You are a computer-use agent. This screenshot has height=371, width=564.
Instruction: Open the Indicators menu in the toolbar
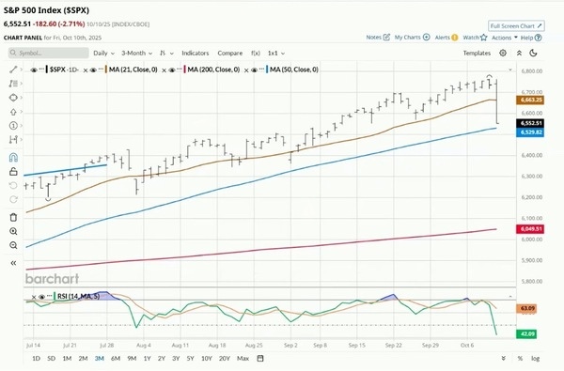[196, 54]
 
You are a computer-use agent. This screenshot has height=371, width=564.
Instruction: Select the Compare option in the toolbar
[229, 54]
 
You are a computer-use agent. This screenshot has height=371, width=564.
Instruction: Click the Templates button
[477, 54]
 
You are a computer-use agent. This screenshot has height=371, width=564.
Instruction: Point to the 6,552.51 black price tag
[532, 123]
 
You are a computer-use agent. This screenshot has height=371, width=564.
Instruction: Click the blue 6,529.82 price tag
[532, 132]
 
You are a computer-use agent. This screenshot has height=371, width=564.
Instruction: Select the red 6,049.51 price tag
[532, 229]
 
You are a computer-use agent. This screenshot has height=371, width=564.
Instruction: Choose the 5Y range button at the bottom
[189, 358]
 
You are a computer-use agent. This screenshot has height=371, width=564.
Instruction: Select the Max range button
[243, 358]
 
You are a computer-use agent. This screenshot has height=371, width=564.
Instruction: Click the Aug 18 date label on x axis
[217, 345]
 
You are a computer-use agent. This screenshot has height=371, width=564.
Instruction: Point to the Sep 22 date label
[395, 345]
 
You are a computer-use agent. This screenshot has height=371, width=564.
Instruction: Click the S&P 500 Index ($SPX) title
[62, 8]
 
